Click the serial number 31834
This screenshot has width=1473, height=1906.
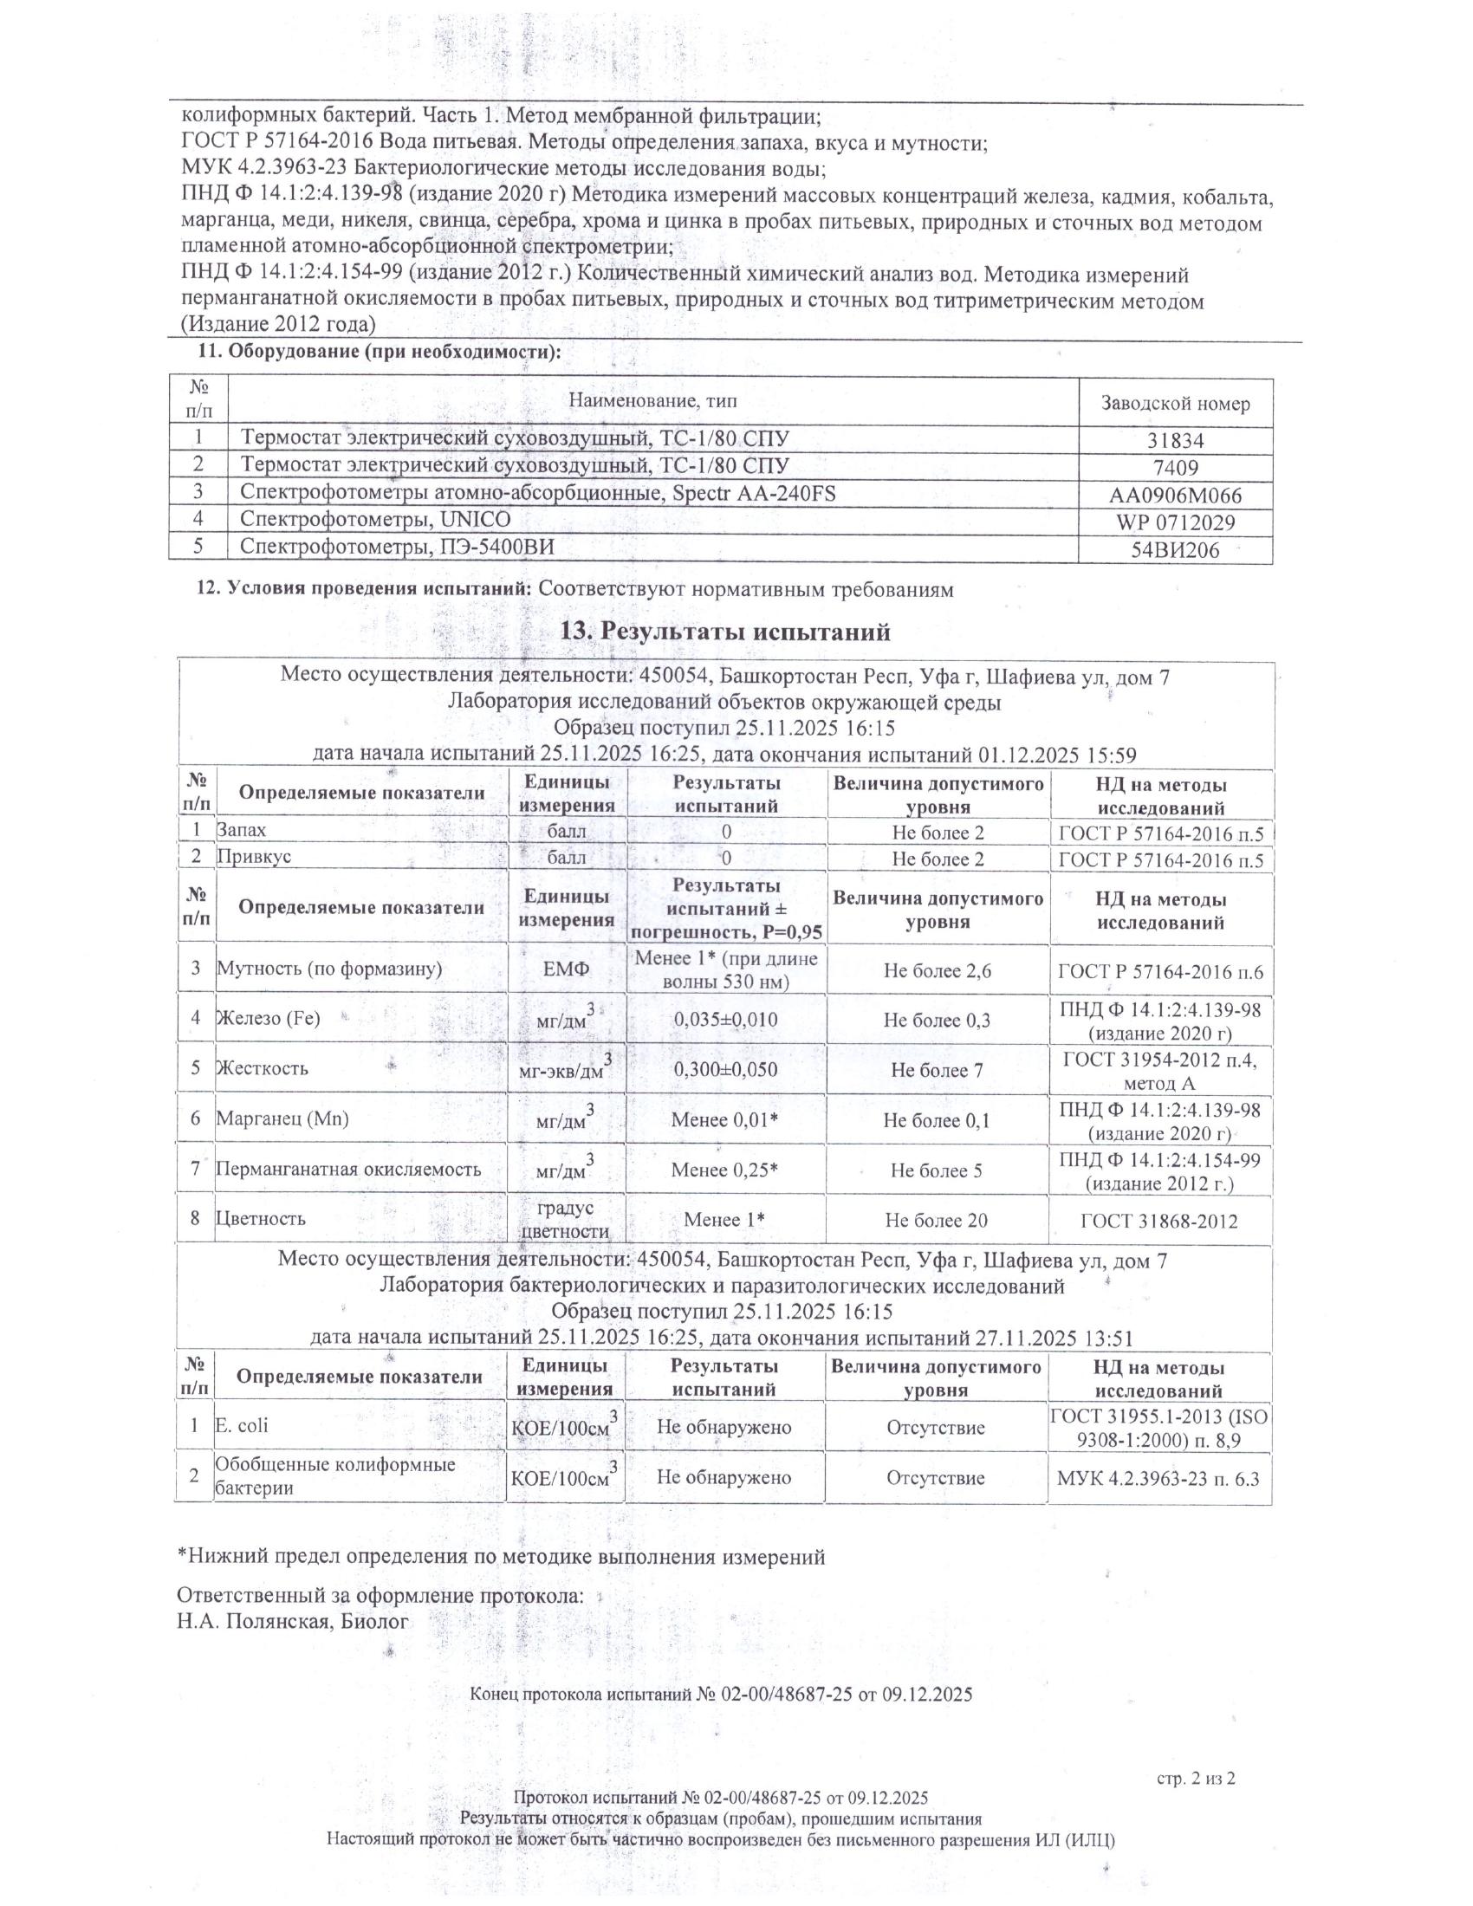pos(1175,442)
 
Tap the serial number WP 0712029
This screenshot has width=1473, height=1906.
pos(1175,523)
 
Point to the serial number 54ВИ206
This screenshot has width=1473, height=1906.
pos(1175,551)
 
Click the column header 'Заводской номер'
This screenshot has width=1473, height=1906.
pos(1175,404)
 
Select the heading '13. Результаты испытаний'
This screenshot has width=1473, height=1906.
pos(725,631)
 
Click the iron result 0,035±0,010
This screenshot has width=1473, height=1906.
pos(725,1020)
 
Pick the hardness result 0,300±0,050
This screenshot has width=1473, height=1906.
pos(725,1070)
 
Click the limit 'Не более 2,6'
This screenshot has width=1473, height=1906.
pos(938,970)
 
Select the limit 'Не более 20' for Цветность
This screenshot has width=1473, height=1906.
pos(937,1220)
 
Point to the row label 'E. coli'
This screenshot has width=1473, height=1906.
pos(242,1425)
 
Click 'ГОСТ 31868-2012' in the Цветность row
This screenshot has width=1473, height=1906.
pos(1158,1221)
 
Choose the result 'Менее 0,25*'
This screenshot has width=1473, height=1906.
pos(724,1170)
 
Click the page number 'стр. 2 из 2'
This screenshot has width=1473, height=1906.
pos(1197,1777)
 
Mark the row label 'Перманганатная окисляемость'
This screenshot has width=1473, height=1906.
pos(348,1170)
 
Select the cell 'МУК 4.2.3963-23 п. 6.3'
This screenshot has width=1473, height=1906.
pos(1158,1478)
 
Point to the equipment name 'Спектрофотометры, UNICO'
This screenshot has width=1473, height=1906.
pos(375,520)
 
